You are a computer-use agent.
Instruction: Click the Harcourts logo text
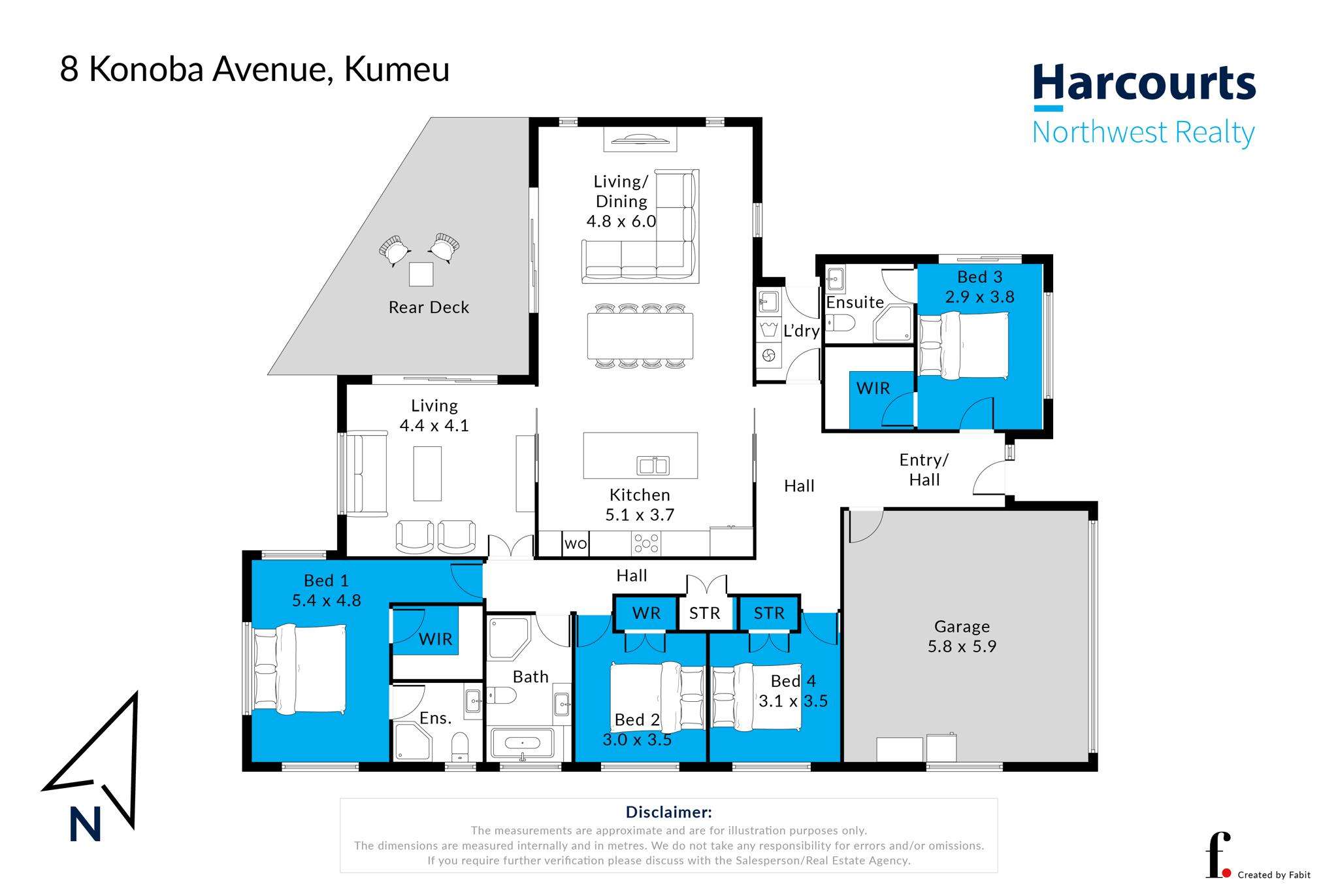(x=1144, y=84)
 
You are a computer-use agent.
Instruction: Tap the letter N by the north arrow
(x=85, y=825)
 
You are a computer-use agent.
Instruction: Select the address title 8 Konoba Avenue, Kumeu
(x=255, y=70)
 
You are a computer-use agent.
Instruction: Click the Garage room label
(x=962, y=626)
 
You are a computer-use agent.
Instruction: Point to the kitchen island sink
(x=653, y=466)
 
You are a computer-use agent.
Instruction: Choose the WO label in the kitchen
(x=576, y=544)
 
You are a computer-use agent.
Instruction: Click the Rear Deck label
(x=429, y=307)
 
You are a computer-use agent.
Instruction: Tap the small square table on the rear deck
(x=421, y=274)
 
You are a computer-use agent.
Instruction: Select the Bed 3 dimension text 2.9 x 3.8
(x=979, y=297)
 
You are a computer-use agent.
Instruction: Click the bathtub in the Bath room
(x=522, y=743)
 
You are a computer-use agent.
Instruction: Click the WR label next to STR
(x=646, y=613)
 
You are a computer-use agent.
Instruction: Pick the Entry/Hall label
(x=924, y=469)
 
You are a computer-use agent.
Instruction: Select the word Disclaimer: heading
(x=668, y=812)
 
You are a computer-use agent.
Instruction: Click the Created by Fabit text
(x=1274, y=875)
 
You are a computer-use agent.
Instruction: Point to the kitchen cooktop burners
(x=647, y=542)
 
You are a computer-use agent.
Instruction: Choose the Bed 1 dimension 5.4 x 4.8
(x=326, y=600)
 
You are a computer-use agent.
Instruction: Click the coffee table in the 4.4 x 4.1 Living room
(x=427, y=474)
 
